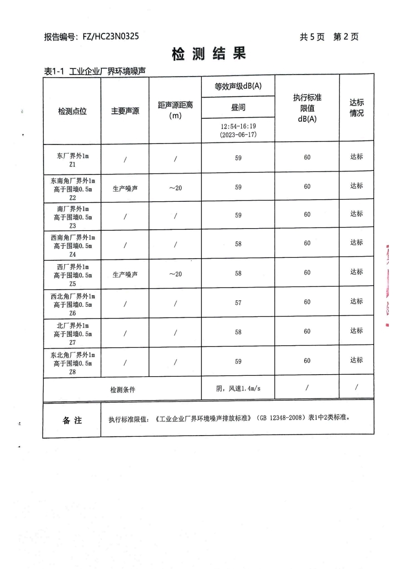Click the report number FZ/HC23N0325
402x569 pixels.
pos(107,37)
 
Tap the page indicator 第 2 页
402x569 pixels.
pos(346,37)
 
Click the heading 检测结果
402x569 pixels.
pos(208,53)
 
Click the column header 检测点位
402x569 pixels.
pos(72,112)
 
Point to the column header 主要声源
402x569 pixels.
pos(125,112)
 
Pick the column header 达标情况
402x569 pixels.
pos(356,108)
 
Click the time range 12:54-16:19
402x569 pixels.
pos(238,126)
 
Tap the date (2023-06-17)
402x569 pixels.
pos(238,135)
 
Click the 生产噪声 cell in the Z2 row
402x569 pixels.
pos(125,188)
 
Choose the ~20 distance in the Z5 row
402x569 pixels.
pos(175,274)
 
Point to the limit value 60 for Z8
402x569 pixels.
pos(307,361)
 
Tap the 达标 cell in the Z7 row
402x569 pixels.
pos(356,331)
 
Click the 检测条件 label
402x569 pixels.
pos(123,389)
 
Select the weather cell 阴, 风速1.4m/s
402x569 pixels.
pos(238,389)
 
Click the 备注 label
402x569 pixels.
pos(72,420)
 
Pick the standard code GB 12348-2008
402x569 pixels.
pos(276,419)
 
